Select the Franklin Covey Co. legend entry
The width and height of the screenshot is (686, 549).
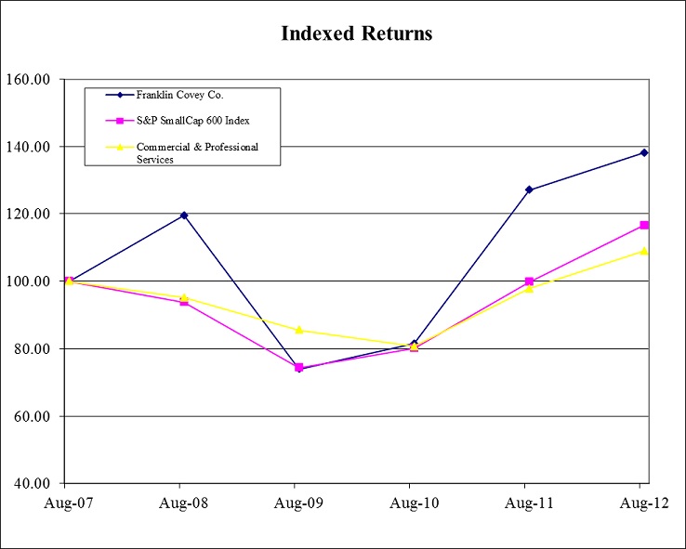178,96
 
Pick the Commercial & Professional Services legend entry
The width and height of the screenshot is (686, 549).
196,152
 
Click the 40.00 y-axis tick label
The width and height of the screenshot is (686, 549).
31,484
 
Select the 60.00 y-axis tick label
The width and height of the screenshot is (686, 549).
31,416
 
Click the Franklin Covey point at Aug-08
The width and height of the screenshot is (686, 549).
183,216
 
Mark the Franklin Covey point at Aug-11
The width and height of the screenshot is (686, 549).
529,190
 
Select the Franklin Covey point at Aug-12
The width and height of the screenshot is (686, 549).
643,152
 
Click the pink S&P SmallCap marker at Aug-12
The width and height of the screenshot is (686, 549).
643,226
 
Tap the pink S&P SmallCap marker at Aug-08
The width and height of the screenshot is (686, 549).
183,302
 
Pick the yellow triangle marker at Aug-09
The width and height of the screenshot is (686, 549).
298,330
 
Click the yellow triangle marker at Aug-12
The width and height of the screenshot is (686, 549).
643,251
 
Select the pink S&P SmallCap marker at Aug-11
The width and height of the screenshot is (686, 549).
529,281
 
